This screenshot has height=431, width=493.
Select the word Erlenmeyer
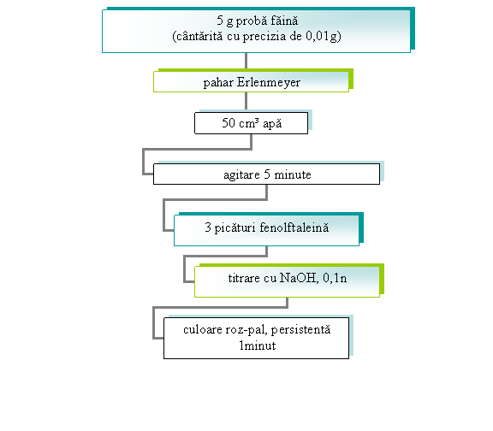click(269, 83)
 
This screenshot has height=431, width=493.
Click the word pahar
click(218, 83)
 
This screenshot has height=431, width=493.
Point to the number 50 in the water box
click(229, 123)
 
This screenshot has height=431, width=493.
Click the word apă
click(272, 124)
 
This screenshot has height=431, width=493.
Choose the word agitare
click(241, 174)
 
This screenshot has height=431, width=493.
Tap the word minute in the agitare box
click(293, 174)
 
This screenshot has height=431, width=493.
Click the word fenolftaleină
click(294, 227)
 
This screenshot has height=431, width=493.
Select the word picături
click(235, 227)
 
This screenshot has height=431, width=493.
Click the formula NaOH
click(299, 278)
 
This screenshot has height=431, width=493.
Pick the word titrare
click(244, 278)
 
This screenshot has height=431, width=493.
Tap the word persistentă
click(300, 330)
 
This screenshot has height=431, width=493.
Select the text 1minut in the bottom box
click(258, 345)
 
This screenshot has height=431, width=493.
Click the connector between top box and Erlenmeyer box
click(246, 61)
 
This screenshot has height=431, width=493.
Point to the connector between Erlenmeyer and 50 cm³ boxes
click(246, 102)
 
